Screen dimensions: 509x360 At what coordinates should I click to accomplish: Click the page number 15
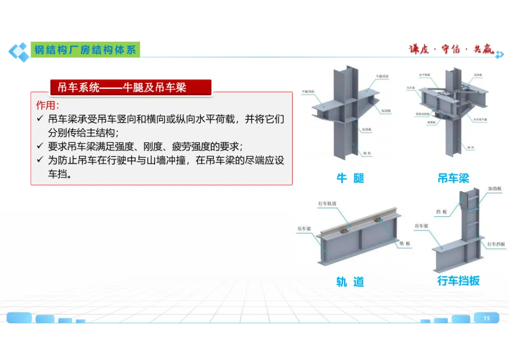coord(486,318)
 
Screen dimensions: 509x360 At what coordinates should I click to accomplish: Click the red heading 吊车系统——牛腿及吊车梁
coord(122,87)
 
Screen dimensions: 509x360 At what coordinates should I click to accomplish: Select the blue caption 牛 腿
coord(350,178)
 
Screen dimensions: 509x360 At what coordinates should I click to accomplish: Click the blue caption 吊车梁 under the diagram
coord(453,178)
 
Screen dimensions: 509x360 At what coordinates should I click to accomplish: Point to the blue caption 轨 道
coord(350,282)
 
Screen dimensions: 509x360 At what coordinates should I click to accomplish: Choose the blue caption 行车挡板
coord(459,281)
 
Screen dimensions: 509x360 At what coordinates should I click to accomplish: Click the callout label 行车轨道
coord(327,204)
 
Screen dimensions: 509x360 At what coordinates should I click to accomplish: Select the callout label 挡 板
coord(442,212)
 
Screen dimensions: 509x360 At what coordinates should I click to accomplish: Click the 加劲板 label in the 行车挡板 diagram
coord(494,188)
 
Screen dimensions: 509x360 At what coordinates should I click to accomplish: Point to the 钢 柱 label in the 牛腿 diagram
coord(366,154)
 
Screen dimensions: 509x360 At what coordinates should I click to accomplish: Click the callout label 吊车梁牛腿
coord(480,120)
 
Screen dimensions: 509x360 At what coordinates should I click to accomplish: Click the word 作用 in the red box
coord(47,105)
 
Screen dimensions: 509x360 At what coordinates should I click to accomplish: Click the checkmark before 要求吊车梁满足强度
coord(40,146)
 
